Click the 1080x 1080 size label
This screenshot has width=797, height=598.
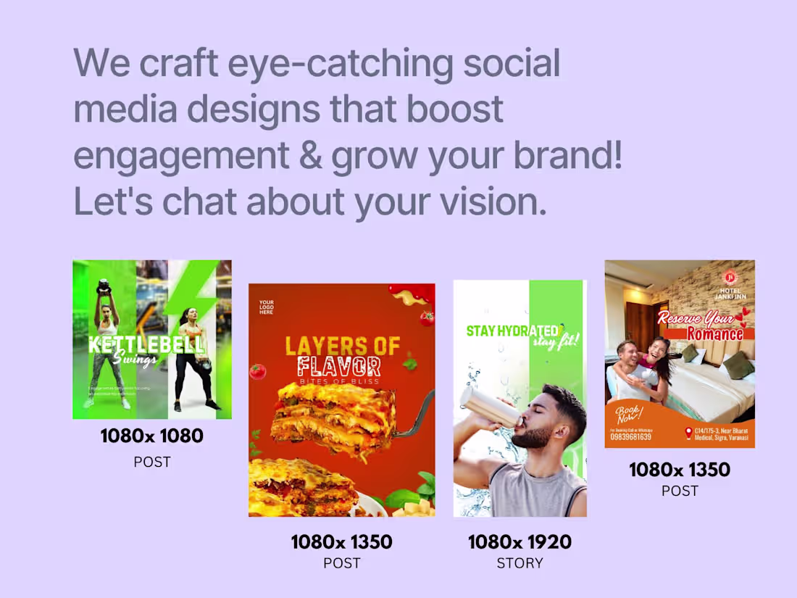click(x=151, y=436)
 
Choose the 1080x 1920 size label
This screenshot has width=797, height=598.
click(x=519, y=541)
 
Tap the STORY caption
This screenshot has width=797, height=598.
click(x=519, y=563)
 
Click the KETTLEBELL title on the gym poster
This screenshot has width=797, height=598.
click(x=146, y=343)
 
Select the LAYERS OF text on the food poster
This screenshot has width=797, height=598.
click(x=342, y=346)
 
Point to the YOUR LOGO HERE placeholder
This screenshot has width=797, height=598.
click(x=267, y=307)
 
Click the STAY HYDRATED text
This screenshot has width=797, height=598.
click(x=512, y=331)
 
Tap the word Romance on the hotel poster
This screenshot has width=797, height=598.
click(x=714, y=333)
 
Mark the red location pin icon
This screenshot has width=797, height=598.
click(x=688, y=433)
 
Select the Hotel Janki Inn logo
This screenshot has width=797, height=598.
click(x=730, y=279)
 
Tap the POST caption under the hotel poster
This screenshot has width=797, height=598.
click(x=680, y=491)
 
